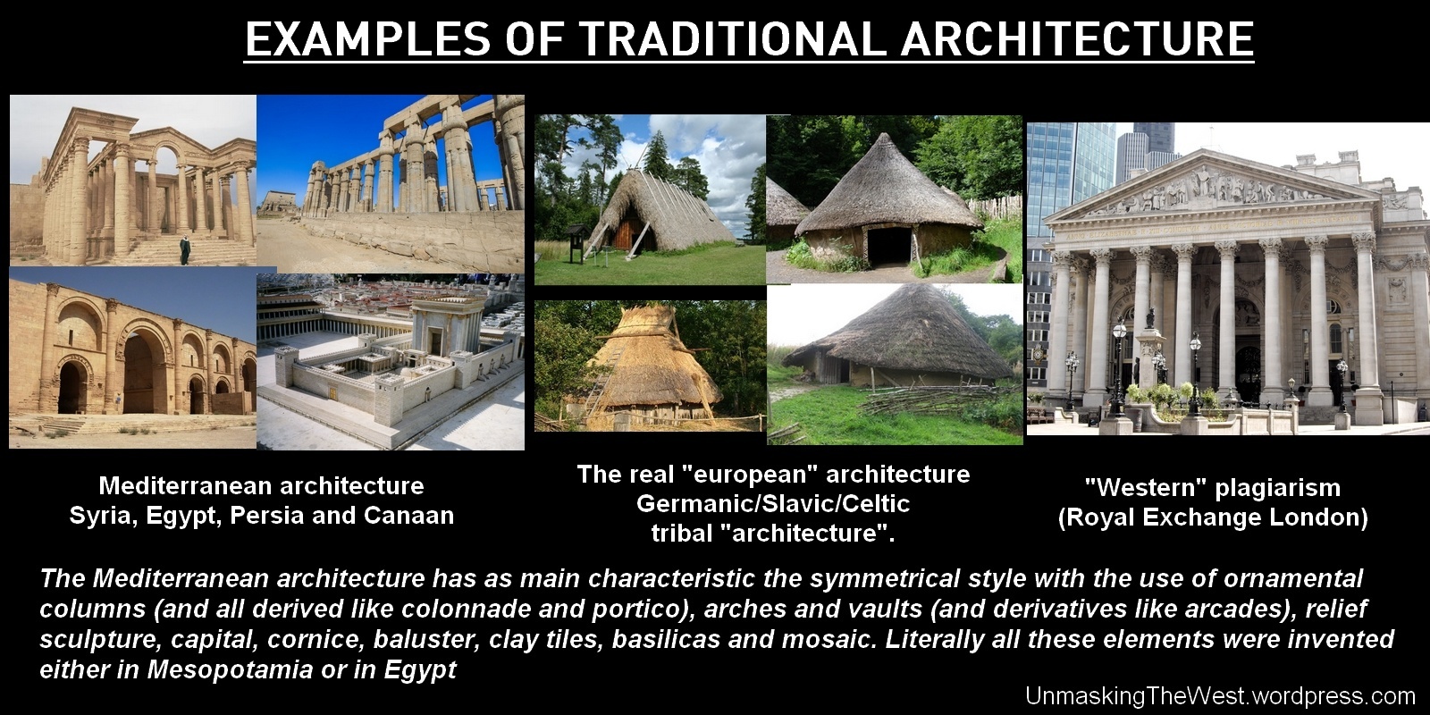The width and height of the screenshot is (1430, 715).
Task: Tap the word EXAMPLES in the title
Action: click(367, 39)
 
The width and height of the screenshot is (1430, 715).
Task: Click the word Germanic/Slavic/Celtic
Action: click(773, 504)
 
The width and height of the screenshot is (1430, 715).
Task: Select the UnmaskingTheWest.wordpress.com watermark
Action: click(1220, 695)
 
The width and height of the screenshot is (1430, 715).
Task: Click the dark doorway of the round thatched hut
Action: click(888, 245)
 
